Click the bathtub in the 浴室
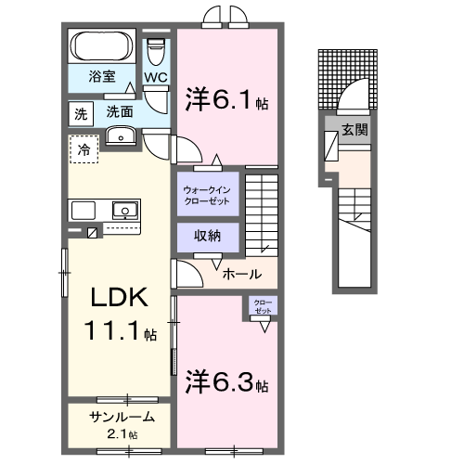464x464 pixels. (x=103, y=46)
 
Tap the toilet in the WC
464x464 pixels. (x=156, y=48)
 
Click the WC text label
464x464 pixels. (x=155, y=78)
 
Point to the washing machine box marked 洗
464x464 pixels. (x=81, y=113)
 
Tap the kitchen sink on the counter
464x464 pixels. (x=122, y=210)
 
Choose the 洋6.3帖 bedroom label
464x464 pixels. (x=228, y=380)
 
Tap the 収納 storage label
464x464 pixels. (x=206, y=237)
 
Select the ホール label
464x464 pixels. (x=241, y=274)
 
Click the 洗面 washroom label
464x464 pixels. (x=119, y=111)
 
